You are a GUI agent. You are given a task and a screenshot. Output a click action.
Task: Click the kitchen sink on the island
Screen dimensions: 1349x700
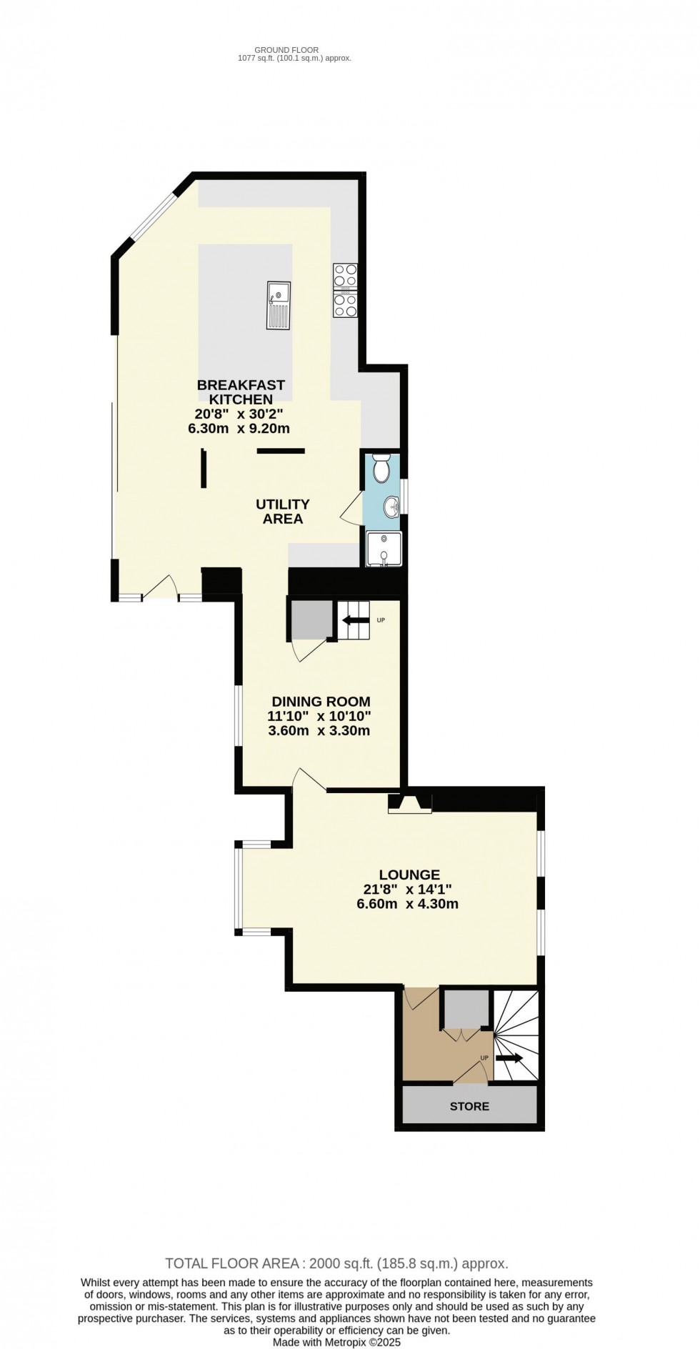pos(279,305)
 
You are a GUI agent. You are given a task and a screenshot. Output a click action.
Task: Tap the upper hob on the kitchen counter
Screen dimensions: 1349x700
pos(346,274)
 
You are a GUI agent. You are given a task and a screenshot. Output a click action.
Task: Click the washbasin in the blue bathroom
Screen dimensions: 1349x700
pos(391,507)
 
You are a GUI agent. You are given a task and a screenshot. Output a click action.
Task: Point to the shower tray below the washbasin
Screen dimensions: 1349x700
pos(384,549)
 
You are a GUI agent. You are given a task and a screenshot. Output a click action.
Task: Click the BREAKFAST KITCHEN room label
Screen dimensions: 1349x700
pos(241,392)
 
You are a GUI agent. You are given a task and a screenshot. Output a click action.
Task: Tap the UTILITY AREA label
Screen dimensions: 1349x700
pos(283,512)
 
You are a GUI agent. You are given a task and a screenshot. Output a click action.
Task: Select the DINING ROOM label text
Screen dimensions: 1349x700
pos(321,702)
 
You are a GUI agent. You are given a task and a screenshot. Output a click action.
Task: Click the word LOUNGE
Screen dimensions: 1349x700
pos(409,875)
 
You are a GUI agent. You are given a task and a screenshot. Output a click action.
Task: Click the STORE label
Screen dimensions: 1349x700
pos(469,1106)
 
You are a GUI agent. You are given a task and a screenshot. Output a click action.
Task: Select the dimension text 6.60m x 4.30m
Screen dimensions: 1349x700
pos(407,904)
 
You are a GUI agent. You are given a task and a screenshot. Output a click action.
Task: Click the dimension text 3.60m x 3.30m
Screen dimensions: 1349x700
pos(319,731)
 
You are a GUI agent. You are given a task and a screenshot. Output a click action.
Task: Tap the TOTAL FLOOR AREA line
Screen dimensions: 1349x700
pos(336,1263)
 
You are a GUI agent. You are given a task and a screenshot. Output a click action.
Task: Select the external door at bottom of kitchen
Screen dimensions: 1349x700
pos(161,588)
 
